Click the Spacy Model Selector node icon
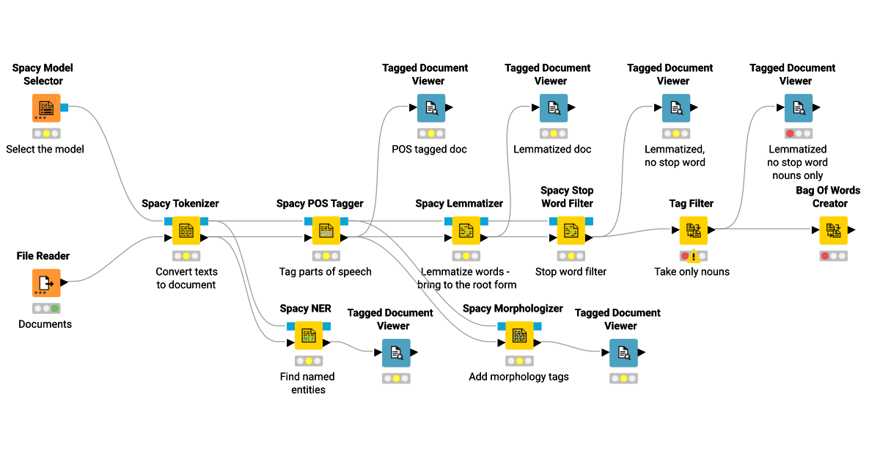point(46,108)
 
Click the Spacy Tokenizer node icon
point(186,230)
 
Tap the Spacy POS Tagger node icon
point(326,230)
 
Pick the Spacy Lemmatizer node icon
point(466,230)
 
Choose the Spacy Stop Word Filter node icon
point(571,230)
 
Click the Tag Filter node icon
point(693,230)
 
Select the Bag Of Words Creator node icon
point(833,230)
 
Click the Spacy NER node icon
point(309,336)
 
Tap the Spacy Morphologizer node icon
point(519,336)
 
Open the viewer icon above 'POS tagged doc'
point(431,108)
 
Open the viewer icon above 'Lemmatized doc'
point(554,108)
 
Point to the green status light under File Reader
point(55,309)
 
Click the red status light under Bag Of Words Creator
point(824,256)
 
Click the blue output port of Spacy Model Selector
point(65,108)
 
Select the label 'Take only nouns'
point(692,272)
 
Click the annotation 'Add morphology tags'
point(518,377)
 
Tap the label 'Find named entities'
point(307,383)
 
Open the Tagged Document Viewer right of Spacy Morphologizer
point(623,353)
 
